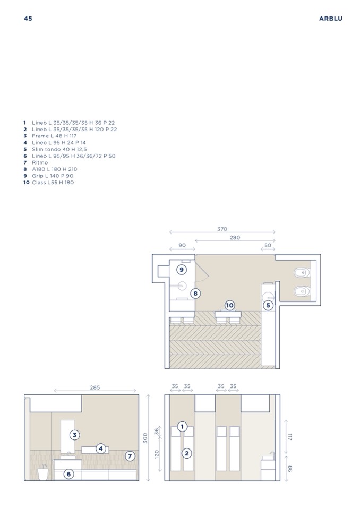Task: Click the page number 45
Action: tap(28, 19)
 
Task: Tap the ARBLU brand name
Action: tap(330, 19)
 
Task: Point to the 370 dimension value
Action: tap(222, 229)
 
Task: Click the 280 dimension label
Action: tap(235, 238)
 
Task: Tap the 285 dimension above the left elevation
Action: tap(95, 387)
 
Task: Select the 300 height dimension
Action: tap(145, 438)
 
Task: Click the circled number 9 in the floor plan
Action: tap(182, 270)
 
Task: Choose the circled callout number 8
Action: tap(195, 294)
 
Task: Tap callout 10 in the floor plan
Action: tap(229, 305)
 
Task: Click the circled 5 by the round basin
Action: tap(268, 305)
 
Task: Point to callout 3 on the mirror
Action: tap(75, 435)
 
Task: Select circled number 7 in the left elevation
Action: tap(130, 456)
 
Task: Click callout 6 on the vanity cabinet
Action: tap(68, 474)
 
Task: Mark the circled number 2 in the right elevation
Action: tap(186, 453)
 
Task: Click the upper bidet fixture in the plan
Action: tap(302, 273)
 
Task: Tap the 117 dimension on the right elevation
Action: tap(290, 437)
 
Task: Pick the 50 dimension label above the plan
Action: tap(268, 245)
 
